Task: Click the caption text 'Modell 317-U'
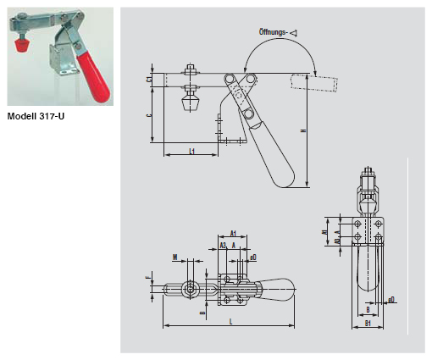click(36, 115)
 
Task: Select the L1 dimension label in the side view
click(191, 151)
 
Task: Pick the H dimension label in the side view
click(302, 131)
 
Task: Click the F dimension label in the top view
click(148, 276)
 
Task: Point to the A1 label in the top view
click(232, 233)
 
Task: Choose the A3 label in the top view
click(223, 246)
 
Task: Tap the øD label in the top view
click(252, 255)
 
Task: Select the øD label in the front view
click(392, 299)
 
